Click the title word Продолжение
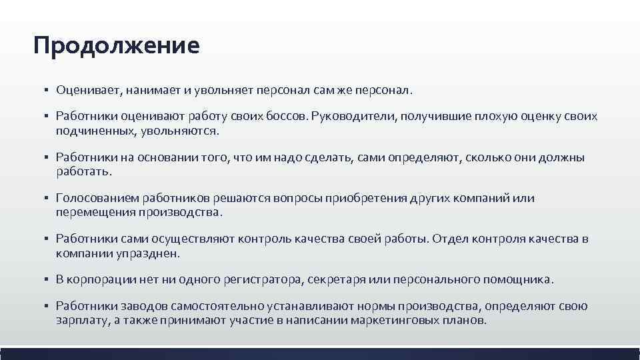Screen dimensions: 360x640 tap(117, 47)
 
